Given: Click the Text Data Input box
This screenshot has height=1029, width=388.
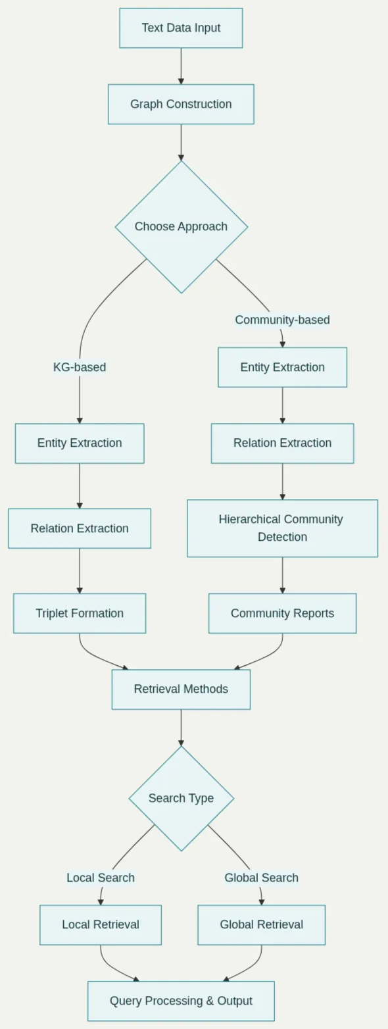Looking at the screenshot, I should coord(181,28).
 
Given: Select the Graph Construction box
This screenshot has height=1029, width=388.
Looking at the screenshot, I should coord(181,104).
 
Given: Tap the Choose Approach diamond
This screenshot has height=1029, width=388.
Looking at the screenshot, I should coord(181,226).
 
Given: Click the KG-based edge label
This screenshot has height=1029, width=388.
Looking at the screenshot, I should coord(80,367).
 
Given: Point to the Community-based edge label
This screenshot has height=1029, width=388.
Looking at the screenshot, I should coord(282,320).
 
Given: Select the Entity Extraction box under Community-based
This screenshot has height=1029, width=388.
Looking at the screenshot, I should coord(282,367).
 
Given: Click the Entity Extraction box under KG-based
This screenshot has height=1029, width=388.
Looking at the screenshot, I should coord(80,443).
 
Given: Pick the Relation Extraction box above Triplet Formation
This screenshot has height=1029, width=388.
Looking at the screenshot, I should coord(80,528).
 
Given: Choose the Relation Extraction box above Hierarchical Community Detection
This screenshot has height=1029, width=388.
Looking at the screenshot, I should coord(282,443).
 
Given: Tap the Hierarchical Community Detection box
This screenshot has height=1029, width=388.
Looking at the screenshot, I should coord(282,528).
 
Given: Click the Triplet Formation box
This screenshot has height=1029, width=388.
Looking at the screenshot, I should coord(80,613).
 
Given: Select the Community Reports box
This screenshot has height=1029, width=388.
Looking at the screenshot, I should coord(282,613).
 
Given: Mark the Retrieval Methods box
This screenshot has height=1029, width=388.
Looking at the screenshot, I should coord(181,689).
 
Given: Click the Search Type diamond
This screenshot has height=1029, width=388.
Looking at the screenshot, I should coord(181,798).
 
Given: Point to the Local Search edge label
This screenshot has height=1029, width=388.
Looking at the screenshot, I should coord(101,878).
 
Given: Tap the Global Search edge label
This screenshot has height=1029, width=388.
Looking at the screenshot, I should coord(261,878).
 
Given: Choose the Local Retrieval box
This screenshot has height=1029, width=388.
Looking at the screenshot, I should coord(101,924).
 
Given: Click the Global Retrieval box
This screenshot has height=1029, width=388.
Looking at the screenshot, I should coord(261,924).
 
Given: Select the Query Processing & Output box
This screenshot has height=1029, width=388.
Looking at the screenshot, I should coord(181,1001).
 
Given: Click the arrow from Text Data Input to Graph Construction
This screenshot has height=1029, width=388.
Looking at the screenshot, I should coord(181,66).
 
